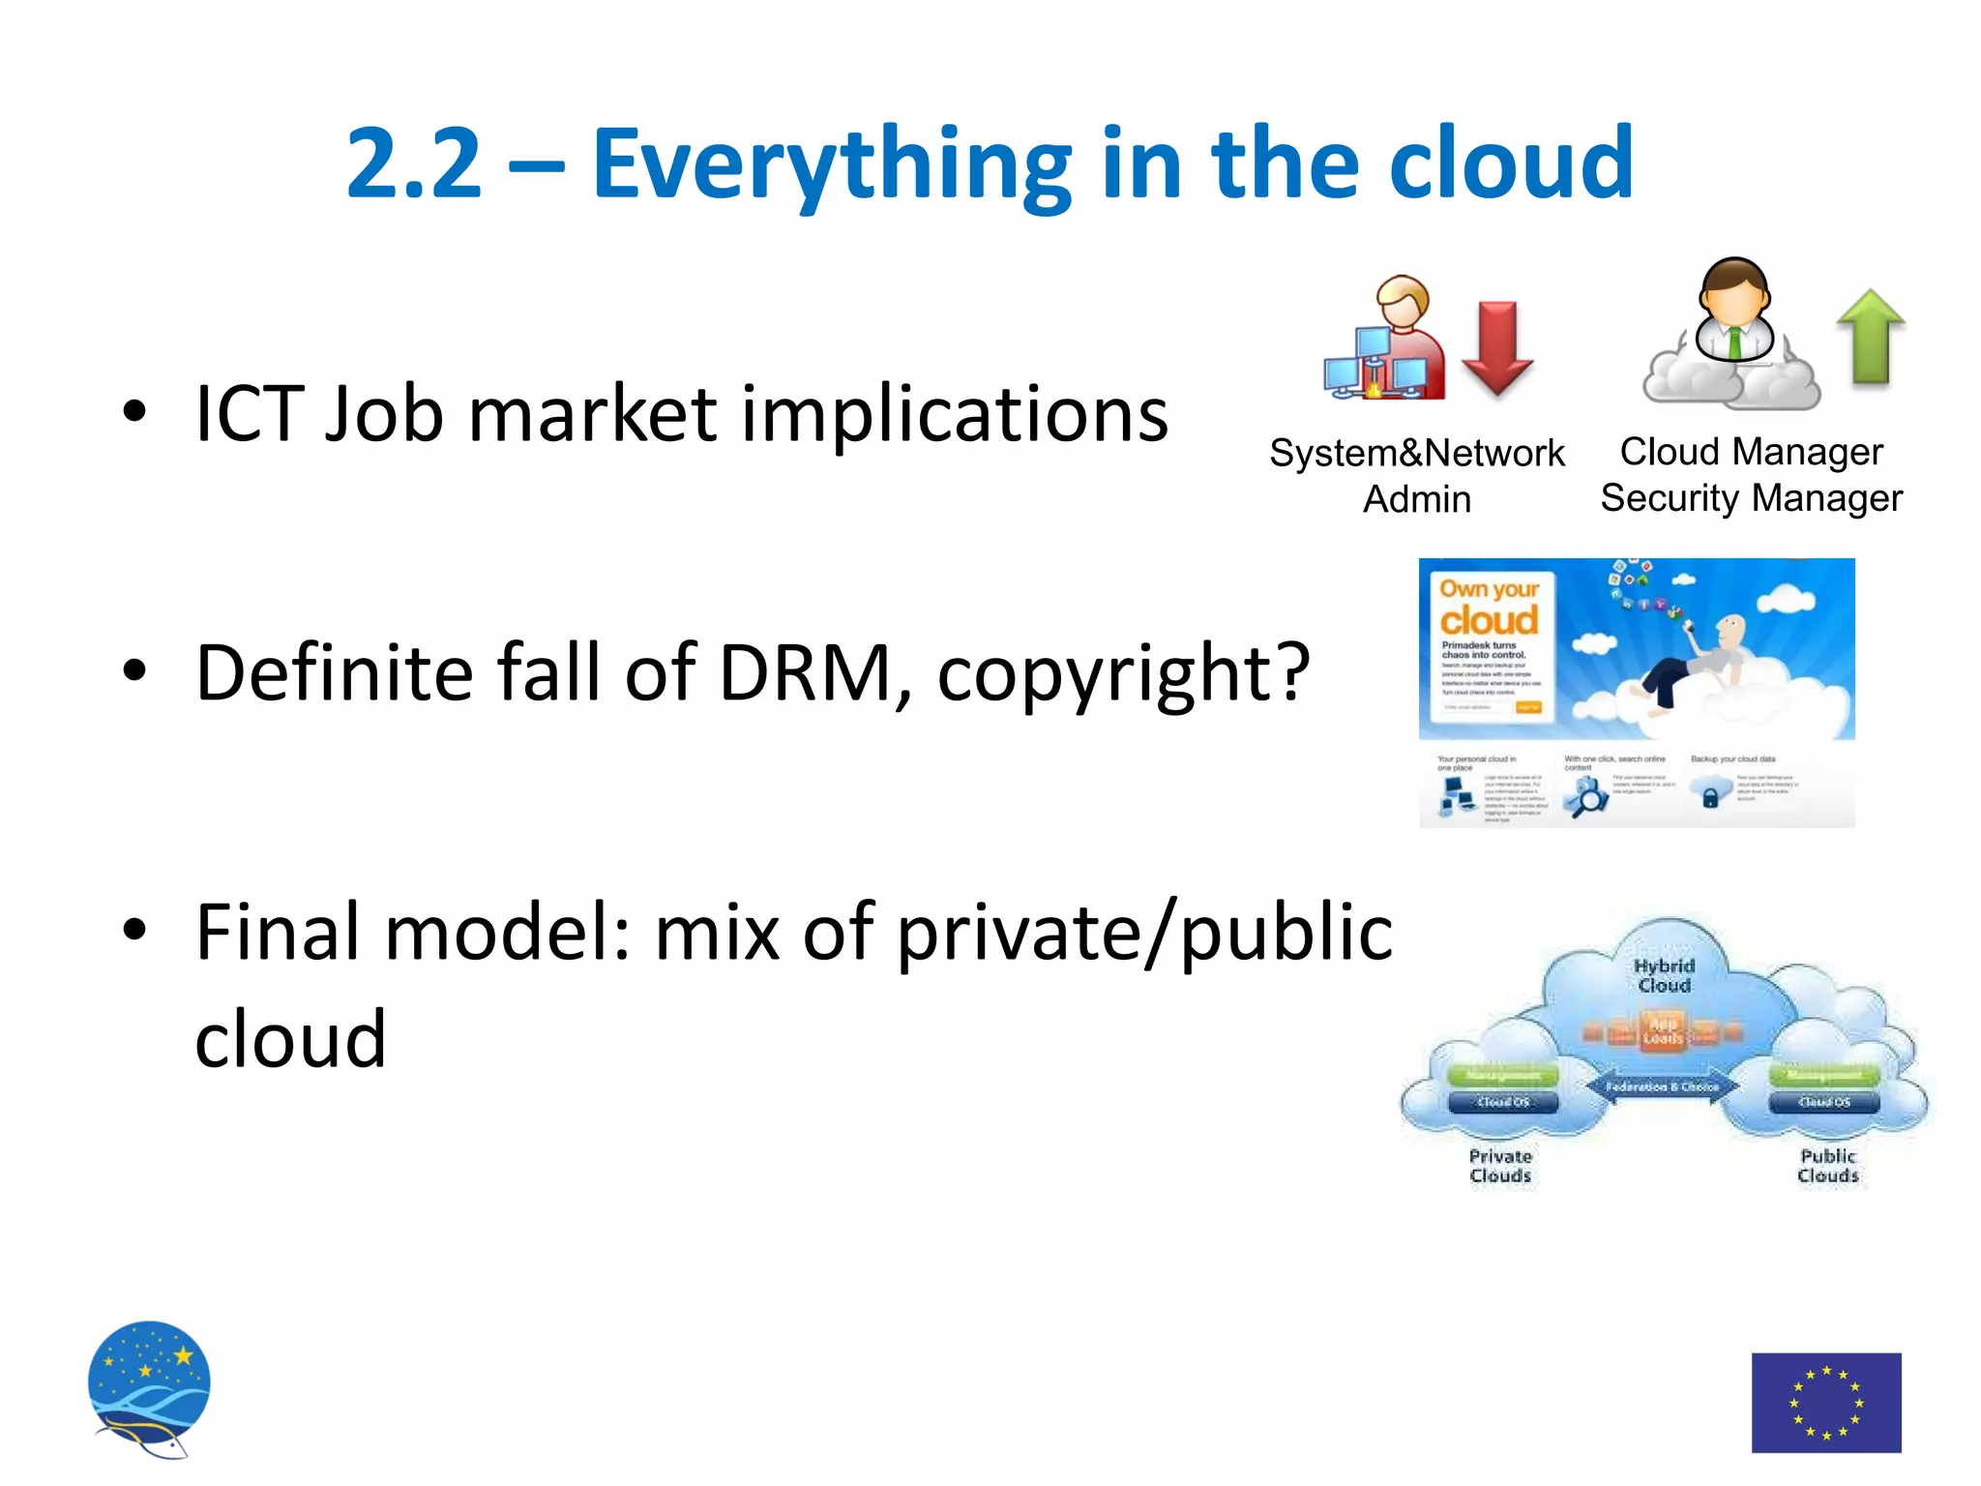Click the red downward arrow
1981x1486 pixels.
point(1497,346)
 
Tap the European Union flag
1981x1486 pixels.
point(1826,1402)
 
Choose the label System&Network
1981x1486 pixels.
point(1416,453)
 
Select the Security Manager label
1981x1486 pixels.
point(1751,498)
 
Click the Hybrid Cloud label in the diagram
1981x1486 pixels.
point(1664,975)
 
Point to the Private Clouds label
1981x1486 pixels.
point(1500,1166)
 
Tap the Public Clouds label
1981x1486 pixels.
point(1827,1166)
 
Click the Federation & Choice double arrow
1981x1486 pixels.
point(1662,1086)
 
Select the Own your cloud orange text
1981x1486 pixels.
point(1489,607)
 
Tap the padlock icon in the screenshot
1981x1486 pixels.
point(1710,798)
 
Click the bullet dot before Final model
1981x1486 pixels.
point(134,930)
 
